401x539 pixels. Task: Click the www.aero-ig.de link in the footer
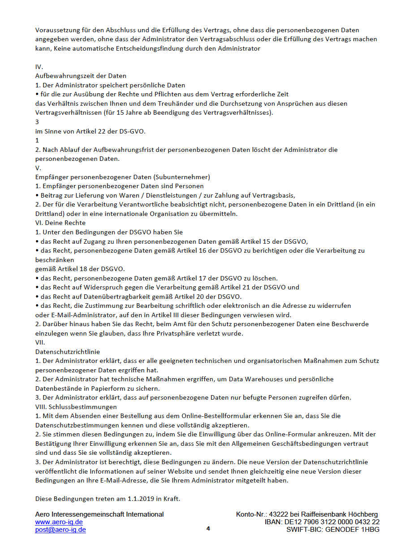tap(59, 522)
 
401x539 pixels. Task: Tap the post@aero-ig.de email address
tap(60, 530)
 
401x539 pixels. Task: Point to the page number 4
tap(208, 529)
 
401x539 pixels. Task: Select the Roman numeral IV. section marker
tap(39, 67)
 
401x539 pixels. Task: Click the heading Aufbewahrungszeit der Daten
tap(81, 76)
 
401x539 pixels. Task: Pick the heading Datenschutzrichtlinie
tap(68, 352)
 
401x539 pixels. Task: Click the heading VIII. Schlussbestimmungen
tap(76, 407)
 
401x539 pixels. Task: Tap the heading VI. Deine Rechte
tap(60, 223)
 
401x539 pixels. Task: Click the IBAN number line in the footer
tap(322, 522)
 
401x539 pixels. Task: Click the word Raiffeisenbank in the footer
tap(328, 514)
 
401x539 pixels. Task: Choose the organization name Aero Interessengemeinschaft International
tap(99, 514)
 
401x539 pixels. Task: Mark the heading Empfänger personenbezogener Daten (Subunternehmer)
tap(122, 177)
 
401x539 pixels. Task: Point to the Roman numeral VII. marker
tap(40, 342)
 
